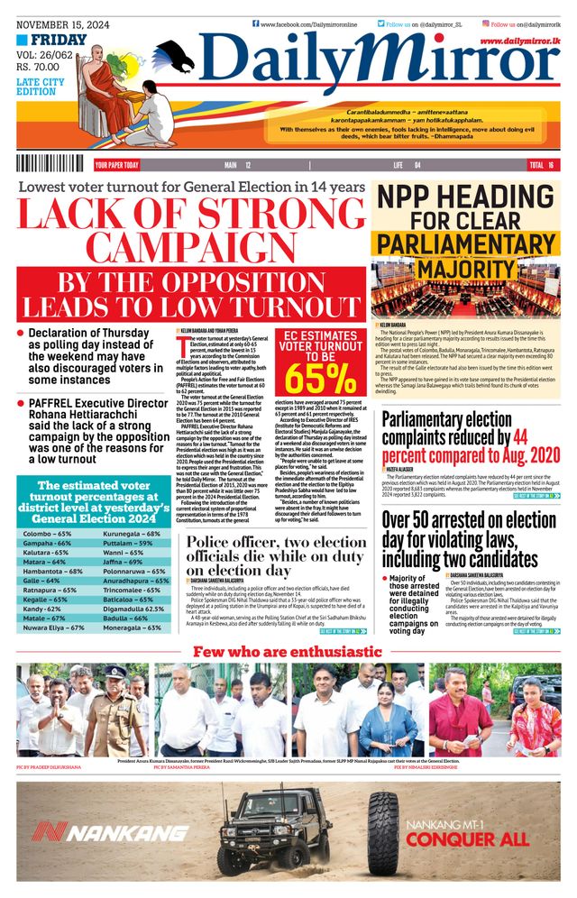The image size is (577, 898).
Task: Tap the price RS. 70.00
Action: coord(43,66)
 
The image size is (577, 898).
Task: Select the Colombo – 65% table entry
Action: coord(47,534)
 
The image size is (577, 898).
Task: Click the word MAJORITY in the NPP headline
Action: coord(461,270)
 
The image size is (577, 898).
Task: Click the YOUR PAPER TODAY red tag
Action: coord(117,165)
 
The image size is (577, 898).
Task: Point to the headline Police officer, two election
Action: coord(275,542)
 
